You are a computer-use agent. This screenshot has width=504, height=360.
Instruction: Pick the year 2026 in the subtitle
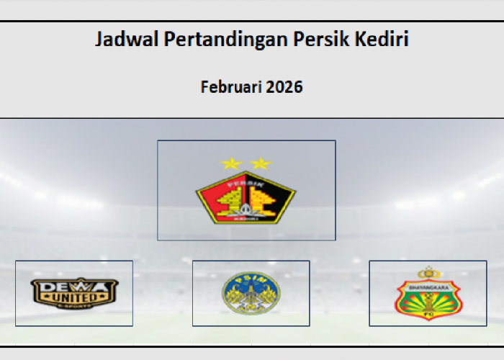(284, 88)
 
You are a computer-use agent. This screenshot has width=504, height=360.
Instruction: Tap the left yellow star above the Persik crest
(232, 163)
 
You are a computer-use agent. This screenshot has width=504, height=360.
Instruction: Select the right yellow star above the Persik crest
(259, 163)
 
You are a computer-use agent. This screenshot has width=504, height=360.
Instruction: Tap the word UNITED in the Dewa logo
(74, 296)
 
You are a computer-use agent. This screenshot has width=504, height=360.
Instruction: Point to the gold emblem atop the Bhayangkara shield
(428, 273)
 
